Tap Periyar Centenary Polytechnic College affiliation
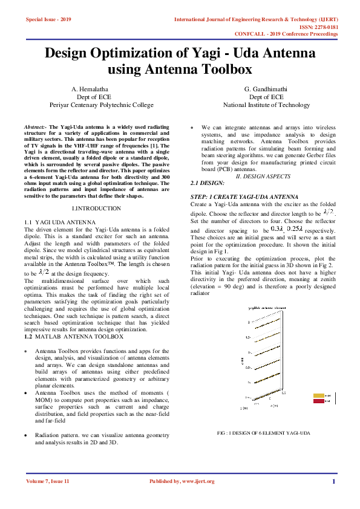102,105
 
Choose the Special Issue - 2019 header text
48,20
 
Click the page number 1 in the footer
333,481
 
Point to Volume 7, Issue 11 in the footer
48,481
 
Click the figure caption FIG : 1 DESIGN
263,433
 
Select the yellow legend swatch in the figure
318,396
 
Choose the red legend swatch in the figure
318,401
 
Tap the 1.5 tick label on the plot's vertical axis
248,337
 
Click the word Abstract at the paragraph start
35,128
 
